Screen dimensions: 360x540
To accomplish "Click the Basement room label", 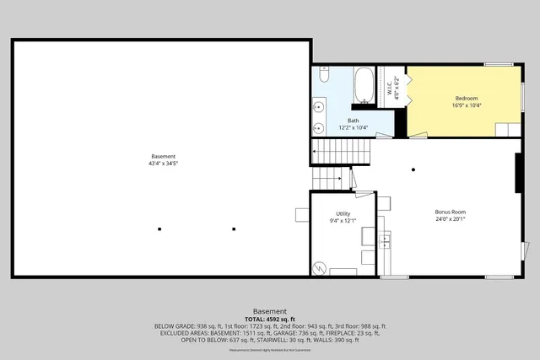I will click(164, 156).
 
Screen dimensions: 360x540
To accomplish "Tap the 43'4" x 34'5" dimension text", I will click(164, 163).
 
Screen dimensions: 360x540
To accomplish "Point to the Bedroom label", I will click(467, 99).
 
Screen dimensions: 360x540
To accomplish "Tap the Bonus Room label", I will click(451, 212).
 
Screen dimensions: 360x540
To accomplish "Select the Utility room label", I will click(343, 213).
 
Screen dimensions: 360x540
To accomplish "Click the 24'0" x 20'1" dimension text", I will click(451, 219).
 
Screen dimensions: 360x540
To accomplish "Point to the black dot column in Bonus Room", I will click(413, 169).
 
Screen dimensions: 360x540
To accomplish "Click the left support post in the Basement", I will click(159, 228).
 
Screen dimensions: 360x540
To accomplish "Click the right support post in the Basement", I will click(234, 228).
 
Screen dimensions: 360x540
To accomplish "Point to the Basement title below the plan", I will click(270, 310).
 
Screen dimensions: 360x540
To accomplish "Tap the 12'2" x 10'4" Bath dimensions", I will click(353, 127).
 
